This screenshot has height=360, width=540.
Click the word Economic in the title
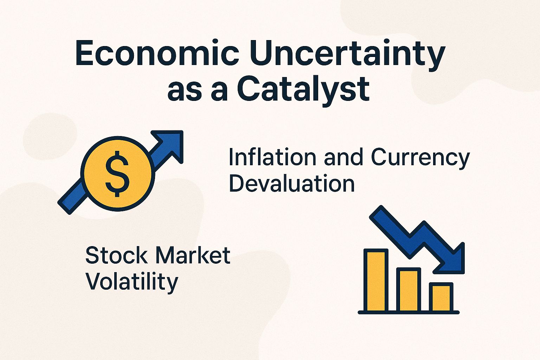(157, 53)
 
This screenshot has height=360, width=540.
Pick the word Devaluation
(291, 183)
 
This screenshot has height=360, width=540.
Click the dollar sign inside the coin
(117, 174)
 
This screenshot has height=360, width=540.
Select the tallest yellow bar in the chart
(376, 281)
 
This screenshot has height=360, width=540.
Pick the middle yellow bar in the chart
(409, 290)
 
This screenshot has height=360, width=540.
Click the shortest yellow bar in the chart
(441, 297)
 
